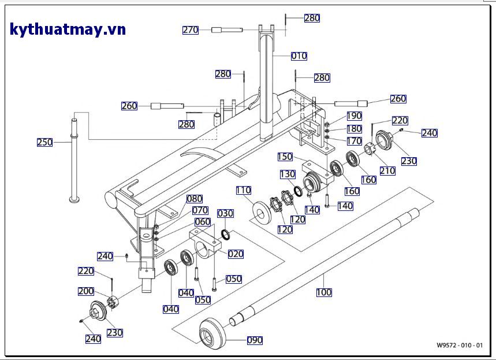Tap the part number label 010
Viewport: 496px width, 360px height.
click(299, 56)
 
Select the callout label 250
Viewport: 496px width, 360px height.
click(45, 142)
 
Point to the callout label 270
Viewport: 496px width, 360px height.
click(191, 30)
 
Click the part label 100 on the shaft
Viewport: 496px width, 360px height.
click(324, 292)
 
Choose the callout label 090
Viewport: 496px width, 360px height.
click(255, 340)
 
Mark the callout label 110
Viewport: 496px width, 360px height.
click(243, 190)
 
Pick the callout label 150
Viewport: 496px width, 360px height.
click(285, 157)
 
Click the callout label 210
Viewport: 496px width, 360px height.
click(387, 171)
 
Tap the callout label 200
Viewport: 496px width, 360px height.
click(86, 291)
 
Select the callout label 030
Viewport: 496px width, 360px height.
click(225, 213)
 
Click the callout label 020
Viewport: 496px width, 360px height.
click(236, 254)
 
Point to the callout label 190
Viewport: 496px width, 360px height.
click(354, 116)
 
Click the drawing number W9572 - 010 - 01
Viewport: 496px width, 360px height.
click(460, 346)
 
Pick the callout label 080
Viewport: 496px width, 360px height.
click(194, 199)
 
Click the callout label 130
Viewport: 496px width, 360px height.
click(288, 174)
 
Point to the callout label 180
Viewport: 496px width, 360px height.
click(354, 129)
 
